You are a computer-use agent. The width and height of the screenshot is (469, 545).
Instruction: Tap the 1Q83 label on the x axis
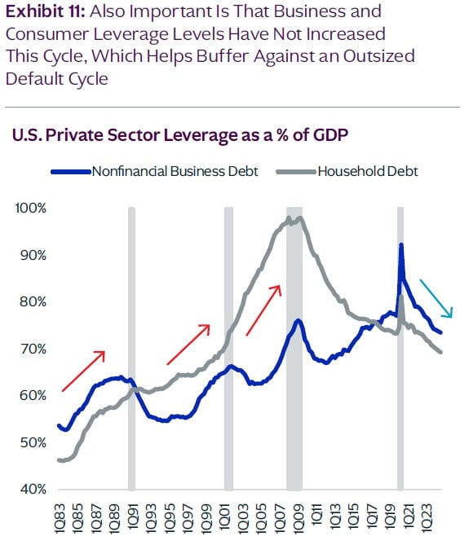pos(60,516)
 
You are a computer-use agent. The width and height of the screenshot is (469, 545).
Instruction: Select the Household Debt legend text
pos(368,171)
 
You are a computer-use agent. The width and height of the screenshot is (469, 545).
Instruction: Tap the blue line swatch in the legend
pos(72,172)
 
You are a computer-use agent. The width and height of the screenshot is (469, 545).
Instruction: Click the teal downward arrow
pos(436,298)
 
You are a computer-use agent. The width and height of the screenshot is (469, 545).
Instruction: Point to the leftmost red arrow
pos(83,371)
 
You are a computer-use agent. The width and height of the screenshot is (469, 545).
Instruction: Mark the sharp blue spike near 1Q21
pos(400,246)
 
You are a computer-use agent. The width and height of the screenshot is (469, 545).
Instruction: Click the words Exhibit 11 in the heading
pos(38,13)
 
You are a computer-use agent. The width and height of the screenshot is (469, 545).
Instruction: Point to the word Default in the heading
pos(33,78)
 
